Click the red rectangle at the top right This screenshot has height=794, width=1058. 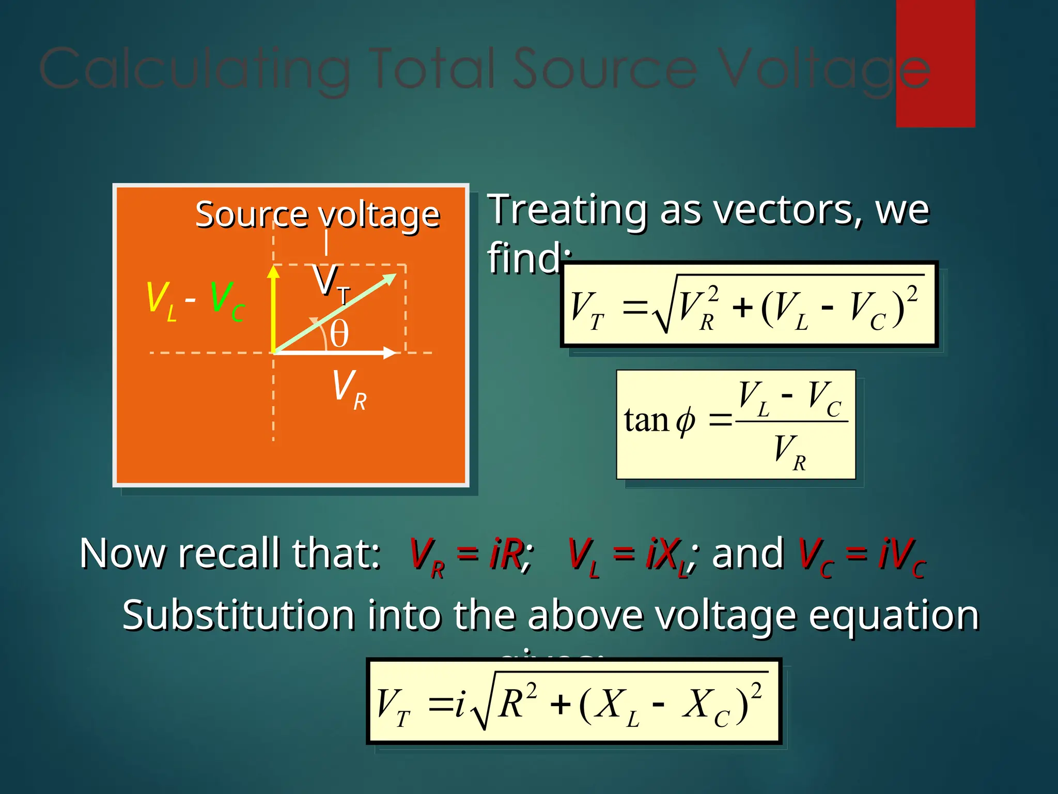coord(935,63)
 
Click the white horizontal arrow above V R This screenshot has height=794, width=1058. coord(336,353)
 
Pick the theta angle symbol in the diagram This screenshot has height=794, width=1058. coord(339,334)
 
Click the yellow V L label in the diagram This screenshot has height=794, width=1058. coord(161,300)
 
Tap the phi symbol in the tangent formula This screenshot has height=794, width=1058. coord(686,421)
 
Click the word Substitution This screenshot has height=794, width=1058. coord(238,615)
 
